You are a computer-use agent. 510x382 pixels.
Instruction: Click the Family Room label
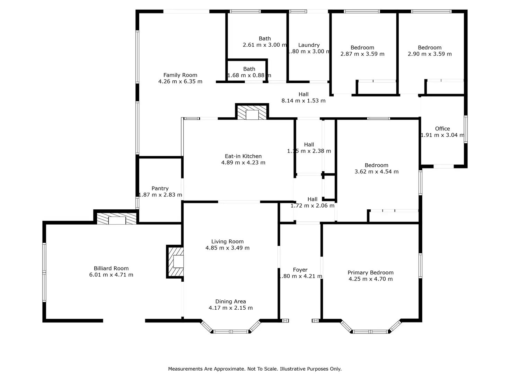tap(180, 75)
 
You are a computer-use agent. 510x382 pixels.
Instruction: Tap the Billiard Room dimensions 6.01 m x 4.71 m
tap(111, 275)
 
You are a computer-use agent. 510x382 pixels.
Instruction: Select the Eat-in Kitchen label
tap(243, 156)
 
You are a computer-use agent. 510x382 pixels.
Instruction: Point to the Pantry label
tap(160, 189)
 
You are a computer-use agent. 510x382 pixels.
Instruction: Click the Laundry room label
tap(309, 45)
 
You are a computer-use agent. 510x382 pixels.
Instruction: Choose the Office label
tap(442, 129)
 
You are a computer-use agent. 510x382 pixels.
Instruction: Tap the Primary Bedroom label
tap(371, 273)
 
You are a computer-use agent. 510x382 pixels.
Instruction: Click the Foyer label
tap(300, 270)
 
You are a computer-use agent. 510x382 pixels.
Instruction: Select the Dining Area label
tap(230, 301)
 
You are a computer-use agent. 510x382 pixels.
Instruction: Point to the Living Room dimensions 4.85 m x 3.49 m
tap(228, 248)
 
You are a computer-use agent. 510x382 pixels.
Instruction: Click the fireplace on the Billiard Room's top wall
tap(117, 219)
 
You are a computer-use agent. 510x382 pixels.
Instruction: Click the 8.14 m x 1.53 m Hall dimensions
tap(304, 101)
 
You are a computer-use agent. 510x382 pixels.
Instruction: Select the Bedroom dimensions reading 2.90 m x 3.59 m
tap(430, 54)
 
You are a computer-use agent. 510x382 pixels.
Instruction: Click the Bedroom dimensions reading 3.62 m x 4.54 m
tap(376, 172)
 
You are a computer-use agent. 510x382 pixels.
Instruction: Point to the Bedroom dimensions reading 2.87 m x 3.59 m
tap(362, 54)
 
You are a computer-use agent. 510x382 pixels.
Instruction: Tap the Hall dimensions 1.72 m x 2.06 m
tap(313, 206)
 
